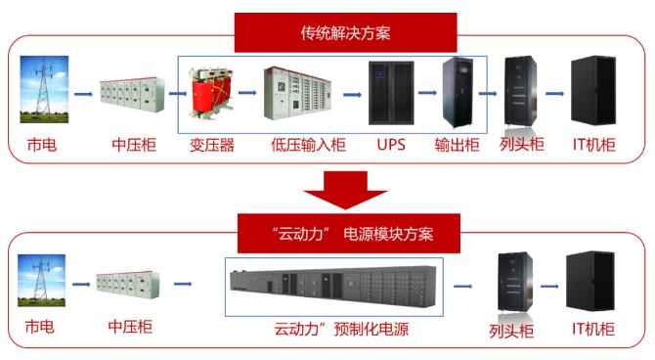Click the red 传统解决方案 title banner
(x=345, y=32)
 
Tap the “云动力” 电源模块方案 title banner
(x=349, y=233)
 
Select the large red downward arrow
(x=345, y=190)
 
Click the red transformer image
(x=211, y=93)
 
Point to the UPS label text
(x=391, y=145)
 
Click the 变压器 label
(x=212, y=145)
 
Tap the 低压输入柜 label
(x=308, y=145)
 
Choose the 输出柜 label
(x=457, y=145)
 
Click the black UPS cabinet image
(x=391, y=93)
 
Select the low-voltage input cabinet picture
(x=297, y=93)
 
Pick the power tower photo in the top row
(x=44, y=89)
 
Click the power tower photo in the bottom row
(x=41, y=280)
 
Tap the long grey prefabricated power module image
(x=333, y=286)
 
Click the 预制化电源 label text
(x=371, y=329)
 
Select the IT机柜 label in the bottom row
(x=593, y=329)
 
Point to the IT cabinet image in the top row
(x=593, y=90)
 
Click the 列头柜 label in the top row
(x=522, y=144)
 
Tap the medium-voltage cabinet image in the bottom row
(x=128, y=285)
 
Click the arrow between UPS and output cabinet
(x=427, y=92)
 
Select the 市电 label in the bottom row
(x=40, y=327)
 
